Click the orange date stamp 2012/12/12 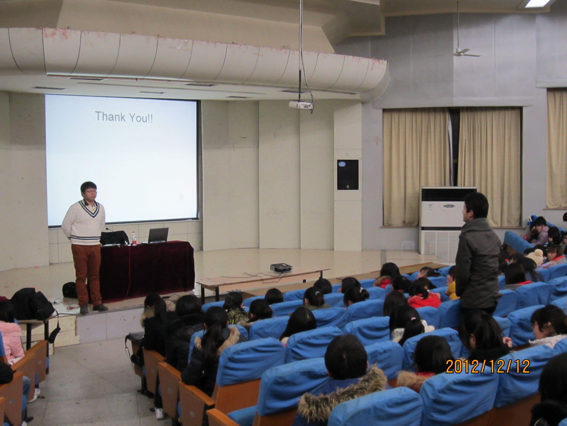tap(488, 366)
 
